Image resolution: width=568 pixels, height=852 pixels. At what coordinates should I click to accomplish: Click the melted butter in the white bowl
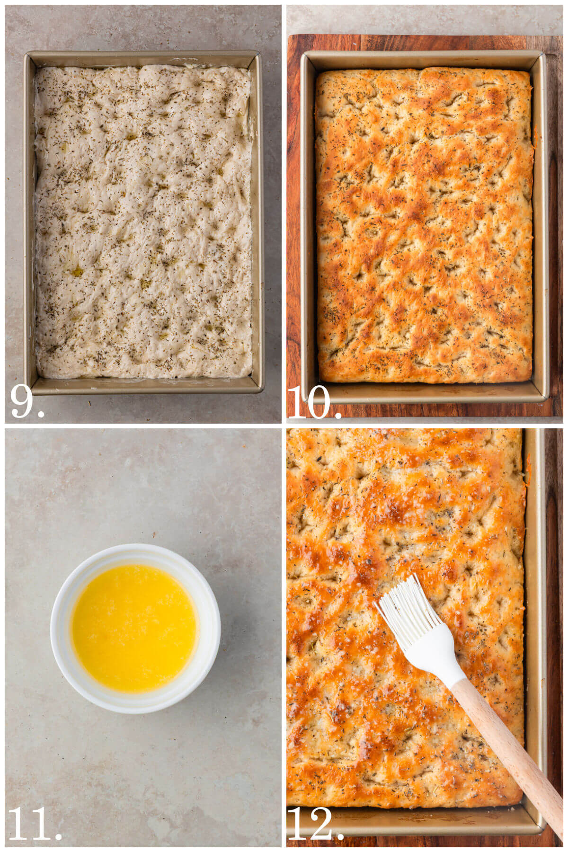[x=134, y=628]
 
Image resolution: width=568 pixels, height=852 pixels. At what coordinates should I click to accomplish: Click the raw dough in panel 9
[x=142, y=222]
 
